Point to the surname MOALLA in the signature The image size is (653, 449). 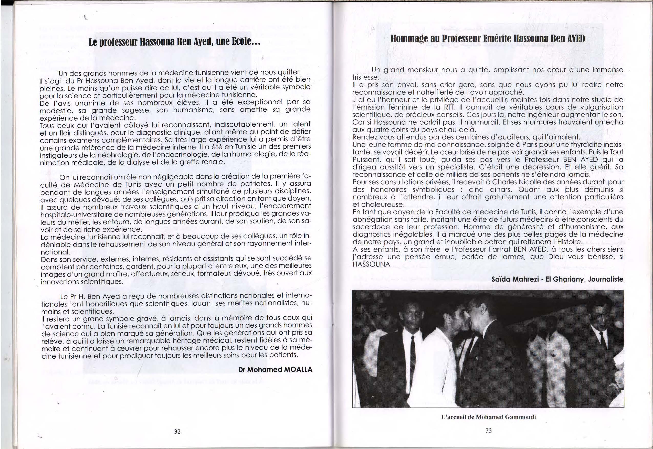(x=298, y=369)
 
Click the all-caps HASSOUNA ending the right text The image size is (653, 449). (x=371, y=265)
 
